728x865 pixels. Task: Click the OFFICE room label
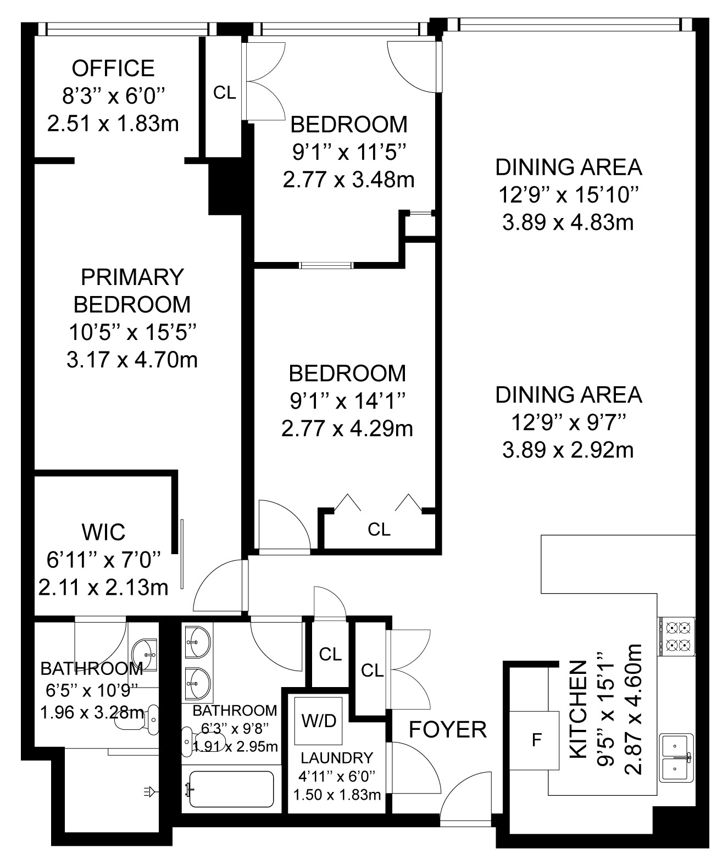coord(113,68)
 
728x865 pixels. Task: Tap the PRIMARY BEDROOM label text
coord(132,291)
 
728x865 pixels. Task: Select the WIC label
coord(104,532)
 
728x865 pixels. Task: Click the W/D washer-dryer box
coord(318,721)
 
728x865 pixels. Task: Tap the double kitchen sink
coord(676,758)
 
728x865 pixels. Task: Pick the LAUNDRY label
coord(337,758)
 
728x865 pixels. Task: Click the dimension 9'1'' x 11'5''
coord(349,153)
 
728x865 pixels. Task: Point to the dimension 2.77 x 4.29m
coord(347,429)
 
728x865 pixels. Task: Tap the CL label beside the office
coord(225,93)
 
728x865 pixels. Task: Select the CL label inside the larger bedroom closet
coord(379,529)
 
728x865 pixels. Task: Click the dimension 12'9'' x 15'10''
coord(568,195)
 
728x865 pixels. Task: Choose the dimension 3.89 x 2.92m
coord(568,450)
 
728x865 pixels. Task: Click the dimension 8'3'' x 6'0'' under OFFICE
coord(114,96)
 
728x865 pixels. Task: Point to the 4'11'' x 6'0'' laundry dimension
coord(337,776)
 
